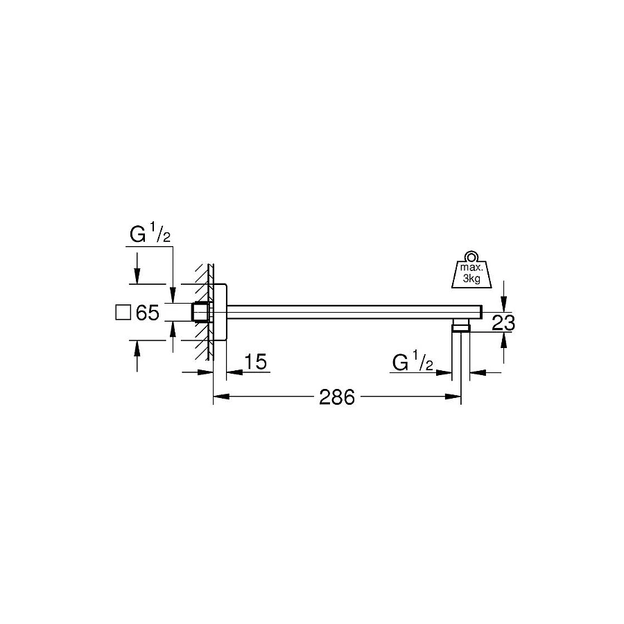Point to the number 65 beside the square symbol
pyautogui.click(x=148, y=313)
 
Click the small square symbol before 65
pyautogui.click(x=122, y=313)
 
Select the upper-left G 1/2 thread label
pyautogui.click(x=150, y=236)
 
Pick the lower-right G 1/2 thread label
pyautogui.click(x=413, y=362)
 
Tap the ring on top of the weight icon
pyautogui.click(x=471, y=255)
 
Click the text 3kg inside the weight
pyautogui.click(x=471, y=279)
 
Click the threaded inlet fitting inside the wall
pyautogui.click(x=200, y=313)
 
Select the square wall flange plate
pyautogui.click(x=220, y=313)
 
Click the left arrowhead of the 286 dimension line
pyautogui.click(x=219, y=397)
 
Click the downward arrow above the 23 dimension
pyautogui.click(x=504, y=299)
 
